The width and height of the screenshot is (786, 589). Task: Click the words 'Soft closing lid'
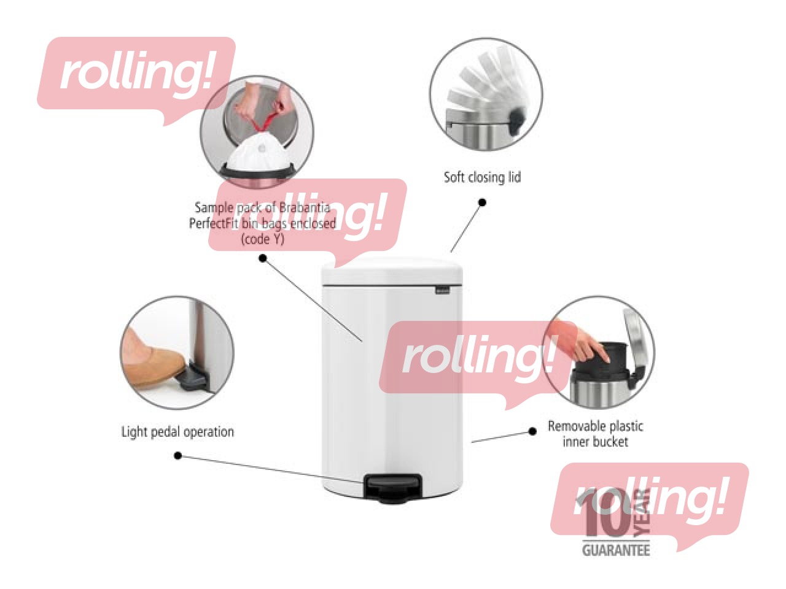(x=482, y=177)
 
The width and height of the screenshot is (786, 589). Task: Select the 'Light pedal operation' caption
(x=177, y=432)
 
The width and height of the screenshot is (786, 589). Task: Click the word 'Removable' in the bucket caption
(x=573, y=426)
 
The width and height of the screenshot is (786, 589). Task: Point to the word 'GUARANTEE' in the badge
(x=615, y=550)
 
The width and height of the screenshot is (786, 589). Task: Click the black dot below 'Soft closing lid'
(x=482, y=202)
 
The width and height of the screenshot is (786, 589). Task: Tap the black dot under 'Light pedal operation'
(x=177, y=455)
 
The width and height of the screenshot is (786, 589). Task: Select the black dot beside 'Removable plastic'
(x=532, y=431)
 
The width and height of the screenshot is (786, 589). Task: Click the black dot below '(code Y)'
(x=263, y=258)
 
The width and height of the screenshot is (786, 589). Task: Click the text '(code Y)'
(x=263, y=239)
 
